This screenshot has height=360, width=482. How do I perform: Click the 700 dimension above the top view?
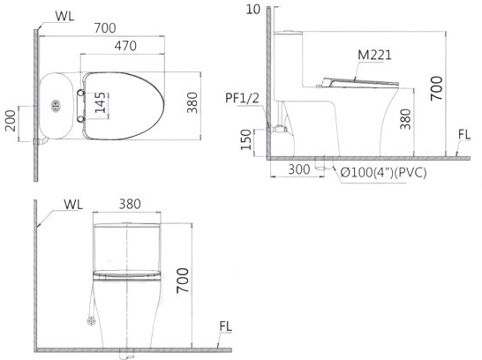click(105, 26)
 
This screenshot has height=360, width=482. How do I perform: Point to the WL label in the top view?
click(64, 15)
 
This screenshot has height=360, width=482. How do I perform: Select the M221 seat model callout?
click(374, 55)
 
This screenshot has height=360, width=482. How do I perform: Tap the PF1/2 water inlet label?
click(242, 97)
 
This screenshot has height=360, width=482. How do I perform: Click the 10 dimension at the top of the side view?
click(255, 10)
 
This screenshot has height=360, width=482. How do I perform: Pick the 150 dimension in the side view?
click(248, 139)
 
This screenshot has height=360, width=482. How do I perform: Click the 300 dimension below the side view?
click(298, 168)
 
